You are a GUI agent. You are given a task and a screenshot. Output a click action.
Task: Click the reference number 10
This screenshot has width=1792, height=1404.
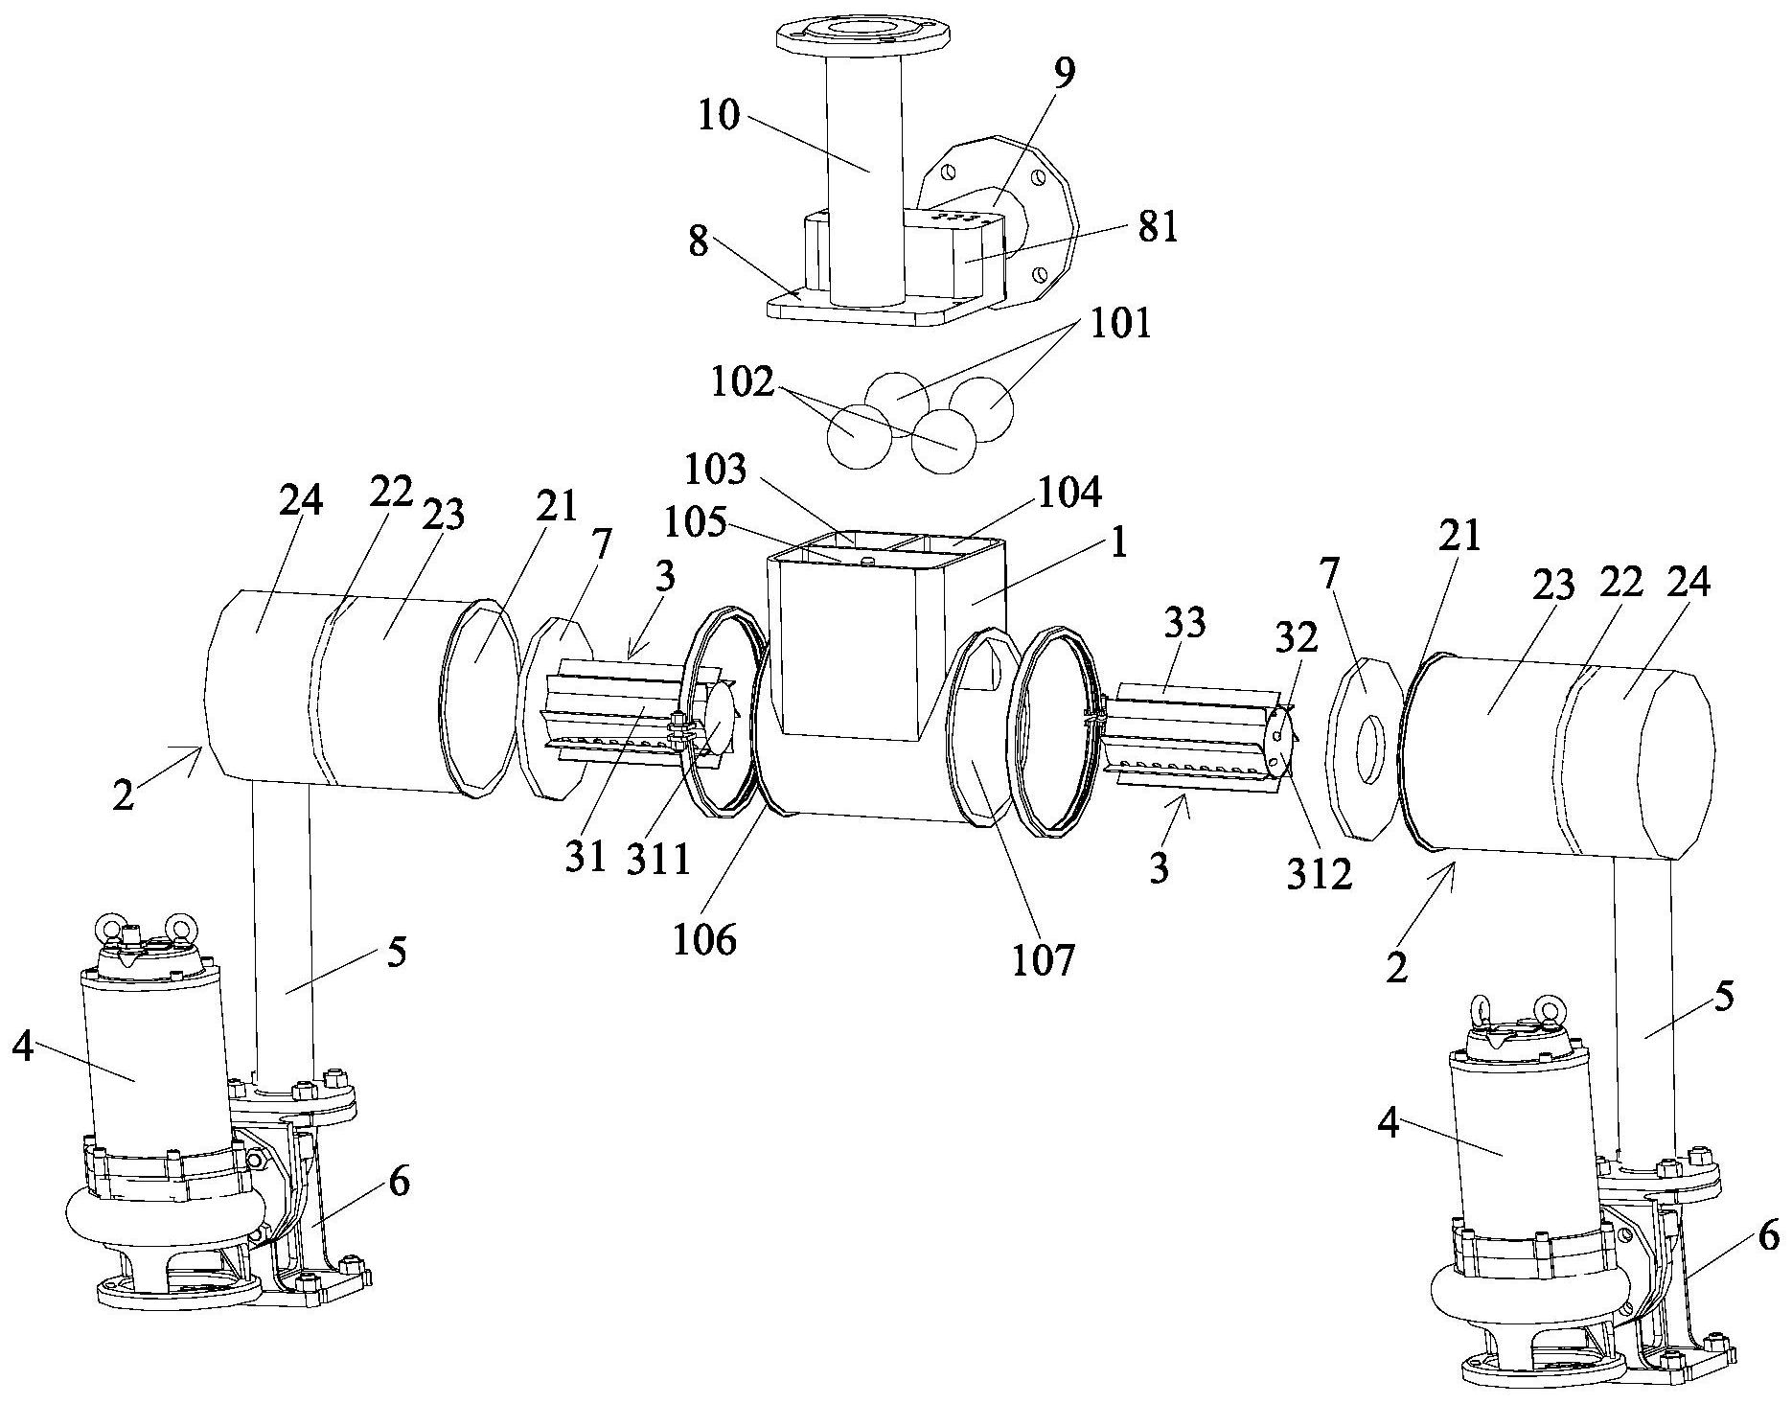[x=720, y=115]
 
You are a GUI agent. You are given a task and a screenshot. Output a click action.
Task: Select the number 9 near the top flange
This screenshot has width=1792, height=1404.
[x=1064, y=73]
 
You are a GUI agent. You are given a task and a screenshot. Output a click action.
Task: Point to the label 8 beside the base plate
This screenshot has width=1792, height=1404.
[x=699, y=242]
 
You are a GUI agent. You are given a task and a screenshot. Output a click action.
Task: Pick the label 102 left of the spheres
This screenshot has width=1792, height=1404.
[x=742, y=383]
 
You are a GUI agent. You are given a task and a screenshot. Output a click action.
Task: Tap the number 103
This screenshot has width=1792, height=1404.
[x=714, y=470]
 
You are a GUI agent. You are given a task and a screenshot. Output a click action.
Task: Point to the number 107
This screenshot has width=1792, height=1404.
[x=1045, y=959]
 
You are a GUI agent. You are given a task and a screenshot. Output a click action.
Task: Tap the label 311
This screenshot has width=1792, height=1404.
[x=658, y=860]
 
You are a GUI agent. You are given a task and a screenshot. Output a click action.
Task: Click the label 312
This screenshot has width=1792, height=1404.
[x=1321, y=873]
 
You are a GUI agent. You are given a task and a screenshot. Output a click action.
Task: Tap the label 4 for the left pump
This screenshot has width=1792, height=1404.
[x=24, y=1048]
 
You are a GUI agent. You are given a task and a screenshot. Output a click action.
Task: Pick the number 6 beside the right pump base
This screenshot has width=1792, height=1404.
[x=1769, y=1236]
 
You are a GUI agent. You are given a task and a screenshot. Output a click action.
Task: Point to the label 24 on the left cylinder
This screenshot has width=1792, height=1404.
[x=301, y=500]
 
